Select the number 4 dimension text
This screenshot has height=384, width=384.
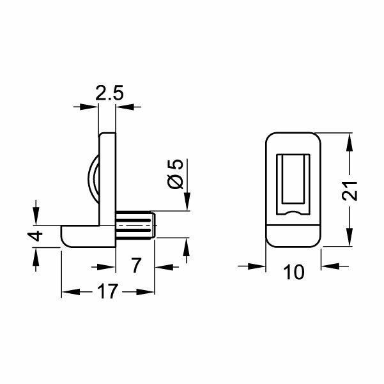coord(37,235)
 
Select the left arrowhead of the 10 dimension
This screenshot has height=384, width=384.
coord(258,265)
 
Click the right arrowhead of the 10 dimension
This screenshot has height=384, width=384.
coord(328,265)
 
